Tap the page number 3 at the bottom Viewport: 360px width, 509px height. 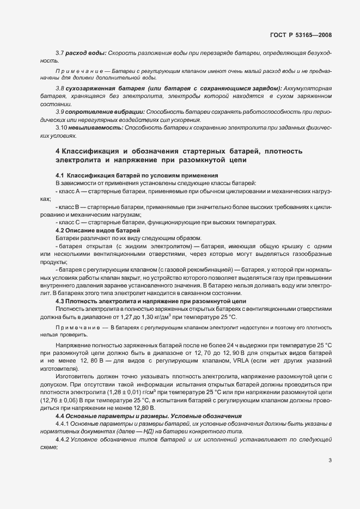pos(330,461)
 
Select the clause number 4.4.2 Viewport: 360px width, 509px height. pos(64,438)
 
